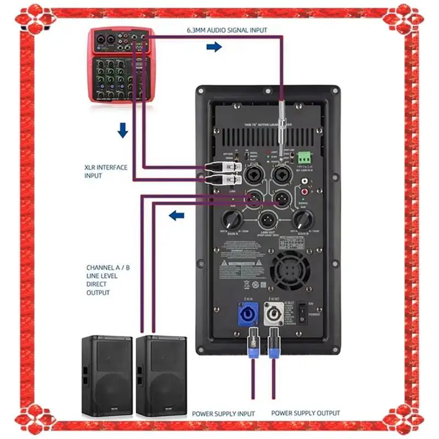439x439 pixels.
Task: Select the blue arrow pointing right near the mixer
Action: coord(214,47)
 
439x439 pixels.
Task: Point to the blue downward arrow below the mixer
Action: coord(123,130)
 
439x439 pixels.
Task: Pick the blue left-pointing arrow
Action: coord(176,216)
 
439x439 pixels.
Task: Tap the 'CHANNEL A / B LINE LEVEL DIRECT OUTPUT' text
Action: coord(108,280)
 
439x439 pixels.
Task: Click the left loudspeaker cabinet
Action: coord(107,376)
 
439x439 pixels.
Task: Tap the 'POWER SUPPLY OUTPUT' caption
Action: coord(306,413)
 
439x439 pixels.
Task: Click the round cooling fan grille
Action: coord(290,271)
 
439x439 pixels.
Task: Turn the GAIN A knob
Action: coord(230,221)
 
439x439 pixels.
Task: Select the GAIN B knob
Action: coord(303,221)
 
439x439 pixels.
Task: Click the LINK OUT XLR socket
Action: coord(267,221)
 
